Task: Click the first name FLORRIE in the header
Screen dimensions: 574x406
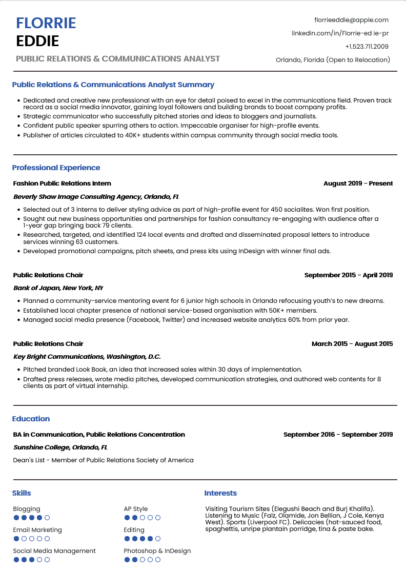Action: point(46,23)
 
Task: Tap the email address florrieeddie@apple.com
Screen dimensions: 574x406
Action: point(351,20)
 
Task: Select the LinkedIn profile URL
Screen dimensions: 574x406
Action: point(340,33)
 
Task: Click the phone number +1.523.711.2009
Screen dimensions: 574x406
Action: point(367,47)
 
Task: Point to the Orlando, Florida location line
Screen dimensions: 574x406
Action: point(333,60)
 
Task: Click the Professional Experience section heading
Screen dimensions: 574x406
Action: point(56,168)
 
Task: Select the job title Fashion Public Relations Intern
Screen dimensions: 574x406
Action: point(62,183)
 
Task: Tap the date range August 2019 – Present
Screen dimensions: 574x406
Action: point(358,183)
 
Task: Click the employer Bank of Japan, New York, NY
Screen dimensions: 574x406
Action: point(58,288)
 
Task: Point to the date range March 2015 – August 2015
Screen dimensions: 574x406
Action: point(352,344)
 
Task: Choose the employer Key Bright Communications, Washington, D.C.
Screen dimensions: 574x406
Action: point(87,357)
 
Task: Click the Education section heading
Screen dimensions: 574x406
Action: point(31,419)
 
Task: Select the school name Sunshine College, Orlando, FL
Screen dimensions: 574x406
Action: point(60,447)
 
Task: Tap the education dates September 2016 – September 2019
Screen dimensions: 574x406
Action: point(338,435)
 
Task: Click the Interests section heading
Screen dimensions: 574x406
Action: point(220,493)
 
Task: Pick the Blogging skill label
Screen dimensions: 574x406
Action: point(27,509)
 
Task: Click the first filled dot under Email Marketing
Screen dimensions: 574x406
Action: point(16,539)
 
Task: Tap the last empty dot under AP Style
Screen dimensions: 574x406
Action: point(158,518)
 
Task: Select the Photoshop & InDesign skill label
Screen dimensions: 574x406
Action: point(157,551)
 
